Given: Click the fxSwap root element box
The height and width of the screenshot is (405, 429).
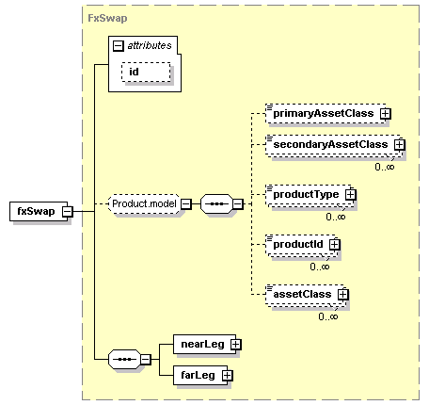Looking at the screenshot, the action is [39, 211].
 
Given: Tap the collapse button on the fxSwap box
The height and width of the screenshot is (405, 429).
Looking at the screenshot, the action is [67, 212].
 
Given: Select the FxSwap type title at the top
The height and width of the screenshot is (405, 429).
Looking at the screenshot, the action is [107, 18].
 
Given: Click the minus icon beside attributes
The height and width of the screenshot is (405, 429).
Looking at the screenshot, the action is [119, 46].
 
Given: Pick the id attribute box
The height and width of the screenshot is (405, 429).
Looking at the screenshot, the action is [146, 73].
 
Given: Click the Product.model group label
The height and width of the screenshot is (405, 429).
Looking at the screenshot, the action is [144, 203].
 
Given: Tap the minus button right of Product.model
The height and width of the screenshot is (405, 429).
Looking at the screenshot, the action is [186, 204].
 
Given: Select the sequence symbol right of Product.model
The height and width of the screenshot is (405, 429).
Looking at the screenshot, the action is [216, 204].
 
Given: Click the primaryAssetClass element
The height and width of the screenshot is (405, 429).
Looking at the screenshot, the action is [326, 113].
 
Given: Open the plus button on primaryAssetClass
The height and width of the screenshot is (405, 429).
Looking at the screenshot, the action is [386, 114].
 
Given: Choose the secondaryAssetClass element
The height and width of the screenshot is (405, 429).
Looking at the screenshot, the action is [333, 145].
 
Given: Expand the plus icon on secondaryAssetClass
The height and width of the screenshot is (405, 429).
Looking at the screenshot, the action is [400, 145].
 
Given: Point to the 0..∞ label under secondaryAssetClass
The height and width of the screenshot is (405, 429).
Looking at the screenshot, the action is [385, 167].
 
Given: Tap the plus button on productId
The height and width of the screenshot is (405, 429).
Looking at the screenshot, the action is [335, 244].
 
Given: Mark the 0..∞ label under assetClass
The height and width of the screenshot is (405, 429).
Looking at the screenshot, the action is [328, 316].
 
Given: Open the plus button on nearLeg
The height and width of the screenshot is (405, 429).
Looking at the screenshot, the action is [235, 345].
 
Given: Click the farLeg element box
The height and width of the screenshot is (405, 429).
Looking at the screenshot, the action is [200, 375].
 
